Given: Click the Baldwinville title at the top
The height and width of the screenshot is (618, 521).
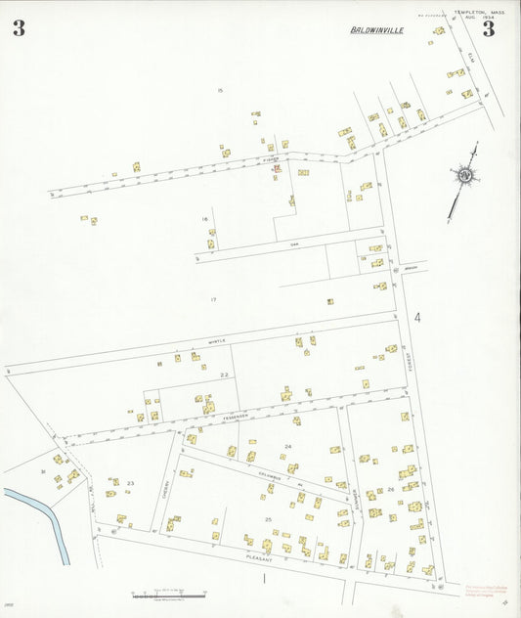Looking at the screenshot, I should (376, 30).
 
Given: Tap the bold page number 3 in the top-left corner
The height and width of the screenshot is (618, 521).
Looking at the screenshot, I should (19, 28).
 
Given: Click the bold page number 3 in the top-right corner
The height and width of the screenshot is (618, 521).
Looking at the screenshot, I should (488, 28).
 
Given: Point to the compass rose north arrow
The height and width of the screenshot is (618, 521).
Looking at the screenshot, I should (463, 177).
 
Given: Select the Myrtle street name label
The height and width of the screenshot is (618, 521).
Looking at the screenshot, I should (216, 341).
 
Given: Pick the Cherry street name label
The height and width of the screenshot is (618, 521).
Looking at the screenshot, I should (165, 486).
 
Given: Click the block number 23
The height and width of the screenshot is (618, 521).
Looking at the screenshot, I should (130, 483).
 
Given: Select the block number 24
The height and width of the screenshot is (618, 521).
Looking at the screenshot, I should (287, 446).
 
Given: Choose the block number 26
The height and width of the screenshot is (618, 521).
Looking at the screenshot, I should (390, 489).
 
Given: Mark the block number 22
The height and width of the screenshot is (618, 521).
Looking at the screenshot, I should (224, 375).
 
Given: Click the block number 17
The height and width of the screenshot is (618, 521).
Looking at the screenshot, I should (213, 298).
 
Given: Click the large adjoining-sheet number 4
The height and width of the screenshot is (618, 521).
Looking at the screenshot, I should (416, 318).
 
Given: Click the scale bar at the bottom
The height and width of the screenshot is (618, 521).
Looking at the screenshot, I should (168, 594).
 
